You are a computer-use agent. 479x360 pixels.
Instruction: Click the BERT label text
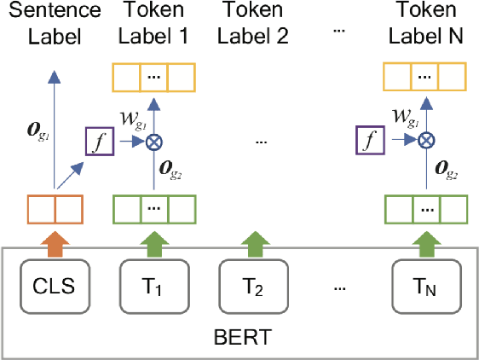point(240,337)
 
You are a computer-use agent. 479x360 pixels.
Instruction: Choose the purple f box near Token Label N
point(367,138)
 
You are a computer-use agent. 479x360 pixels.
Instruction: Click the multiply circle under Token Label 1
point(155,138)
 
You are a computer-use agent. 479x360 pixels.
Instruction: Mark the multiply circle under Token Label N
point(425,138)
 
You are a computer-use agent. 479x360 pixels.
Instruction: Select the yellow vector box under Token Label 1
point(155,77)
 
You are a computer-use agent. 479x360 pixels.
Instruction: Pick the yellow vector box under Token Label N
point(425,77)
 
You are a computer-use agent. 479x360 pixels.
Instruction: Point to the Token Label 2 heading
point(254,24)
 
